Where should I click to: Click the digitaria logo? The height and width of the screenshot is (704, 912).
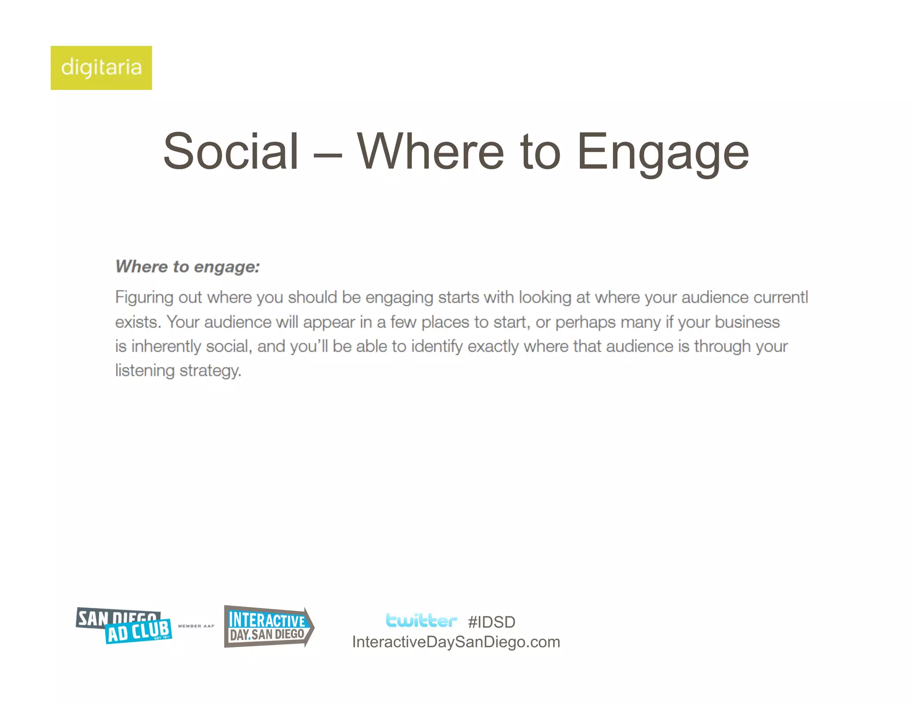pos(101,68)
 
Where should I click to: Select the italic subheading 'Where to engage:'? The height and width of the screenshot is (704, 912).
pos(187,267)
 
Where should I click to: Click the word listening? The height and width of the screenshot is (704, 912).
pos(145,371)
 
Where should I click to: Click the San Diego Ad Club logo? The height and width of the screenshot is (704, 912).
pos(124,626)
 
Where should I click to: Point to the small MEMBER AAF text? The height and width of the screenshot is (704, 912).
pos(196,626)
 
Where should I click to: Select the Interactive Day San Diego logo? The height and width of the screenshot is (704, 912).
pos(269,627)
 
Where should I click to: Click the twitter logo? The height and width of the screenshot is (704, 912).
pos(421,620)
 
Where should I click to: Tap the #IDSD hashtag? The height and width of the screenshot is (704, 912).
pos(492,622)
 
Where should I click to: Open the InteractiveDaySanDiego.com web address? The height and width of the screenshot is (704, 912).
pos(456,642)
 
